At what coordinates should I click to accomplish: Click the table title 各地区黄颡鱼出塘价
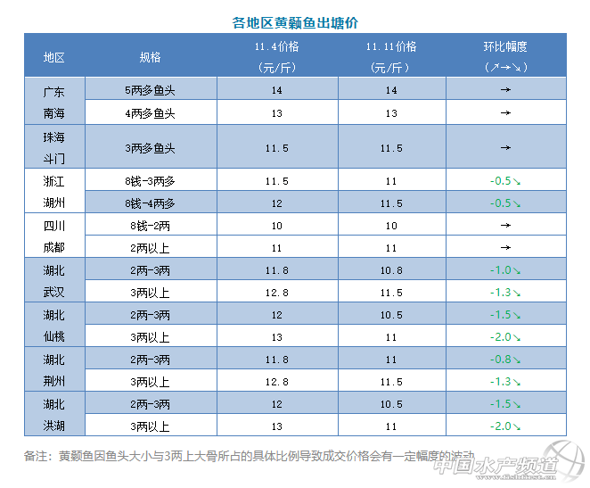click(x=294, y=22)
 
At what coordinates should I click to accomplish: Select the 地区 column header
click(x=54, y=56)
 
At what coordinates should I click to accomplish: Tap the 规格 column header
click(x=150, y=56)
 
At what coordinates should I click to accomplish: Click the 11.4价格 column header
click(x=277, y=56)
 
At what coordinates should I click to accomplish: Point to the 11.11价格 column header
click(x=391, y=56)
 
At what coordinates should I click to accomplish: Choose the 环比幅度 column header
click(x=505, y=56)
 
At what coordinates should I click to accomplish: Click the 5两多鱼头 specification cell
click(x=150, y=91)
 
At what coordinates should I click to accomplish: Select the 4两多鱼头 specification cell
click(x=150, y=113)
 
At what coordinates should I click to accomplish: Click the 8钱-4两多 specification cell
click(x=150, y=203)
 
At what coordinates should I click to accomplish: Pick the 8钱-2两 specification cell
click(x=150, y=225)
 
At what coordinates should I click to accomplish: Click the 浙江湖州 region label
click(x=54, y=191)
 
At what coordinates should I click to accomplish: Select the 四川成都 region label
click(x=54, y=236)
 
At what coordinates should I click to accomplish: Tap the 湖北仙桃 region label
click(x=54, y=325)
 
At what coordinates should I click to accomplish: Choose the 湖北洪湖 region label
click(x=54, y=414)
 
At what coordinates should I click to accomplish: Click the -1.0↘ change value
click(x=505, y=269)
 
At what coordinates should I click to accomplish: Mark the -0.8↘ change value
click(x=505, y=359)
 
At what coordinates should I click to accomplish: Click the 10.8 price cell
click(x=391, y=269)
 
